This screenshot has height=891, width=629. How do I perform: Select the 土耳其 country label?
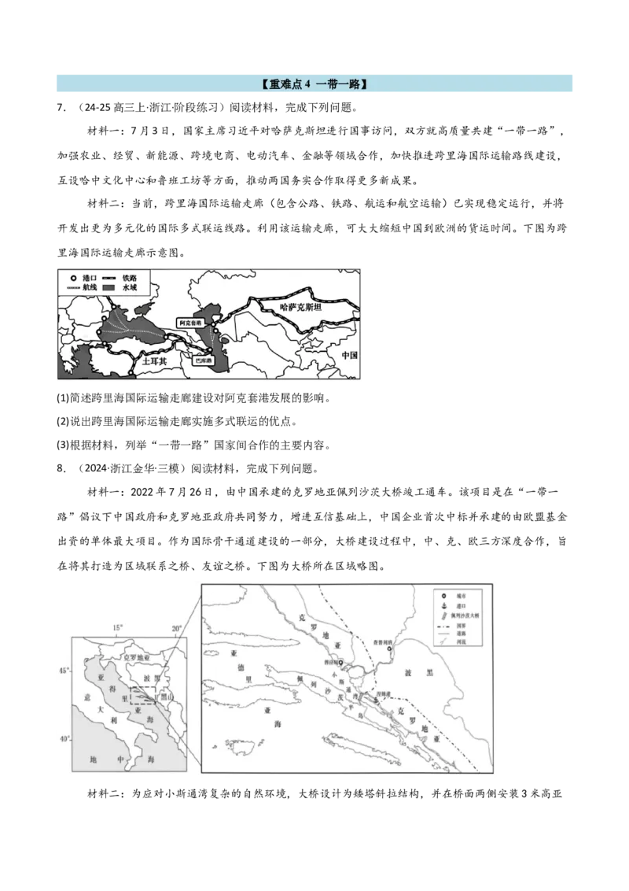coord(153,361)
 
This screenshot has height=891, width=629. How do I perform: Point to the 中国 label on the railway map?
coord(349,355)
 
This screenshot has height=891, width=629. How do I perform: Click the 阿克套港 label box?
coord(190,323)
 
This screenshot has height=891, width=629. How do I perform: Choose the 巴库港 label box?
coord(204,362)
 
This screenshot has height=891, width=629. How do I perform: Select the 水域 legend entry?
coord(129,290)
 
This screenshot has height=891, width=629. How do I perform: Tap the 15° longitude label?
coord(118,627)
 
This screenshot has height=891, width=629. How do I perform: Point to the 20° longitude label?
coord(176,627)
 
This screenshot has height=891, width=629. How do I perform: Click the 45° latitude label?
coord(64,671)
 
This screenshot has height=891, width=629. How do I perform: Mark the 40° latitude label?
coord(64,738)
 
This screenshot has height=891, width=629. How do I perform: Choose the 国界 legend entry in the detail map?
coord(465,631)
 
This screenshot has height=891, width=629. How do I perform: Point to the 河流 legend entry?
coord(465,654)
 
